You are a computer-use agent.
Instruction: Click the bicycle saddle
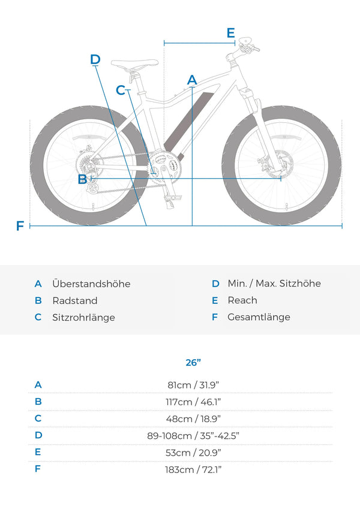pos(134,64)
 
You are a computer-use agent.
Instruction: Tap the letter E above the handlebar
pos(231,33)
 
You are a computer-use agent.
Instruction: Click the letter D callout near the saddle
pos(95,59)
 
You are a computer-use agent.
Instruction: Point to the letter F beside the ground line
pos(20,226)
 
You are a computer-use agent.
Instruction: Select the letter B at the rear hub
pos(82,179)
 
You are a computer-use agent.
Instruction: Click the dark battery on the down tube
pos(189,122)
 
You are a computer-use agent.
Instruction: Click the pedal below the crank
pos(173,198)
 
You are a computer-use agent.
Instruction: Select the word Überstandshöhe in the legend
pos(91,284)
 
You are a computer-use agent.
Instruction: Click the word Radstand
pos(75,300)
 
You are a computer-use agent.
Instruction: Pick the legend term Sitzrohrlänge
pos(83,318)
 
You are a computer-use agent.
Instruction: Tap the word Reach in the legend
pos(242,300)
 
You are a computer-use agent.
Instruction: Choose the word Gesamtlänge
pos(259,317)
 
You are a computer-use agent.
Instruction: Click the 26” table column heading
pos(193,362)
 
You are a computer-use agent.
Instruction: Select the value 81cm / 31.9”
pos(193,385)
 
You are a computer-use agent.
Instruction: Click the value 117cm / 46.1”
pos(193,402)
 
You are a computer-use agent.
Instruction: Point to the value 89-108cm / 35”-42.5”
pos(193,436)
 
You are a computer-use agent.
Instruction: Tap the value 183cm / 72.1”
pos(193,469)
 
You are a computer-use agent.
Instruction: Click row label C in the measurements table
pos(38,418)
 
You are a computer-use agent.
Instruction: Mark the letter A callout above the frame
pos(192,80)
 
